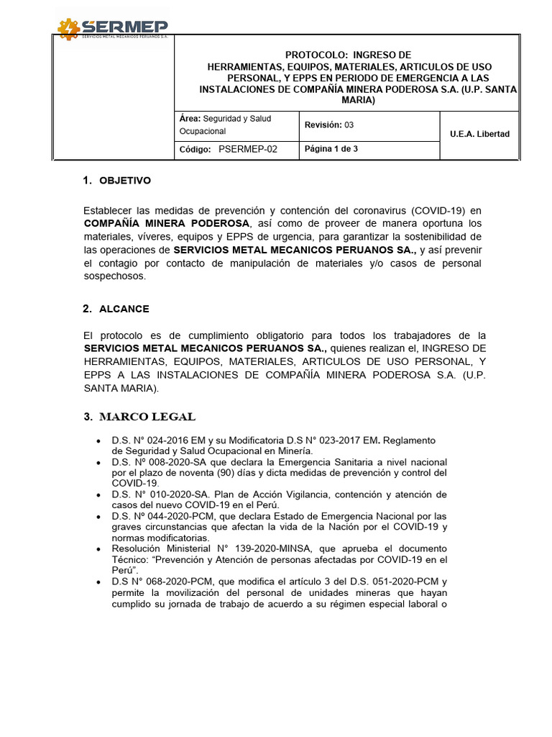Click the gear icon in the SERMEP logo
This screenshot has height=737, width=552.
click(69, 29)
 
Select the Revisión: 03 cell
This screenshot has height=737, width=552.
click(329, 125)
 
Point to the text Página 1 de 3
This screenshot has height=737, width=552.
click(331, 149)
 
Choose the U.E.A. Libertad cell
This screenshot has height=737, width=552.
click(479, 135)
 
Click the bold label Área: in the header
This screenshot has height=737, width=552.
click(189, 118)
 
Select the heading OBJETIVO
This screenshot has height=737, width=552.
click(125, 181)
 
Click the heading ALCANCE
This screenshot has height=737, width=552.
click(124, 309)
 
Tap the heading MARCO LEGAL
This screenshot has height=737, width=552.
click(147, 417)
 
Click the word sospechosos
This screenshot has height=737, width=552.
click(115, 276)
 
